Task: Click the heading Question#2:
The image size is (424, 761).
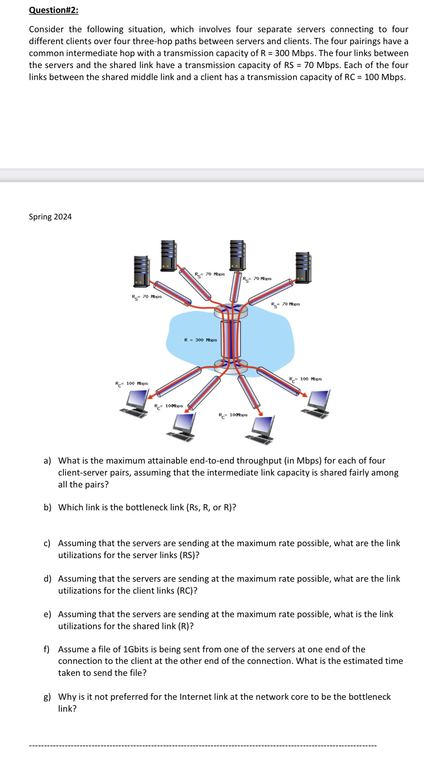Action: pyautogui.click(x=53, y=10)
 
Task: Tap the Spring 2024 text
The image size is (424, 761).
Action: pyautogui.click(x=50, y=217)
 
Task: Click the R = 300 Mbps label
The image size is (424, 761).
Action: pyautogui.click(x=200, y=340)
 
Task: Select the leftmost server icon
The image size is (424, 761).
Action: pyautogui.click(x=141, y=271)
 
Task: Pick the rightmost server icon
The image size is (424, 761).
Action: pyautogui.click(x=303, y=267)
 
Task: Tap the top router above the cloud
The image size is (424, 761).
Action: pyautogui.click(x=231, y=311)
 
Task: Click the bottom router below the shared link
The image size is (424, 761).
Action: pyautogui.click(x=231, y=365)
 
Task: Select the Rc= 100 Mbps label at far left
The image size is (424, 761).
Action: pyautogui.click(x=132, y=383)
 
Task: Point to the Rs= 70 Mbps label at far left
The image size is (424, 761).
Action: pyautogui.click(x=146, y=297)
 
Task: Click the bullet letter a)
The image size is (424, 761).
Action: pyautogui.click(x=47, y=461)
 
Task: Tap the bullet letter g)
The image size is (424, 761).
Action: pyautogui.click(x=47, y=697)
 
